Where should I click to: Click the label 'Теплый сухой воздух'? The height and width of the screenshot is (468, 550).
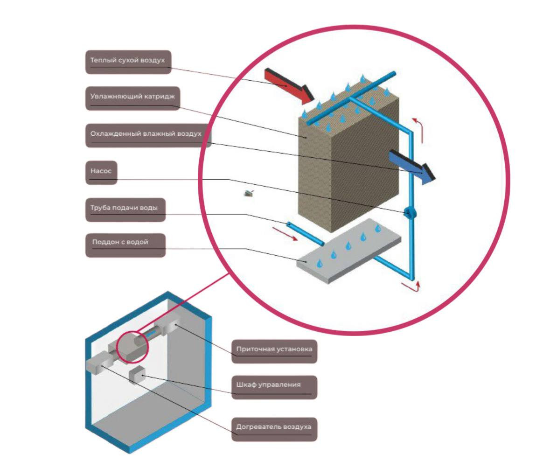point(128,62)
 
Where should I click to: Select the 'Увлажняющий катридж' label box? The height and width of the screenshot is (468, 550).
point(132,98)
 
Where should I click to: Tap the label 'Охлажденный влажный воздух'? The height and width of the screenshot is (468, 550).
point(148,135)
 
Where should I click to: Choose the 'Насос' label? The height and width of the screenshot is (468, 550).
point(101,173)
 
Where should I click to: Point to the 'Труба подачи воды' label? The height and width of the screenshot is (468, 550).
point(125,210)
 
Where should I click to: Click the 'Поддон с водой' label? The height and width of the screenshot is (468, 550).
point(125,245)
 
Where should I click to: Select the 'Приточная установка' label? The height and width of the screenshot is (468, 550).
point(274,351)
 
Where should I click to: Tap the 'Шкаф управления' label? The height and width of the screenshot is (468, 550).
point(274,387)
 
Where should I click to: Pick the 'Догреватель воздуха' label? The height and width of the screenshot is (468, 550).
point(274,429)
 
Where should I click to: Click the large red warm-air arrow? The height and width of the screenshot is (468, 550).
point(289,86)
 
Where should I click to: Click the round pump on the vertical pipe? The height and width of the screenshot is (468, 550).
point(409,213)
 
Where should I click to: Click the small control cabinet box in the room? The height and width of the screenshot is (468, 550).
point(137,375)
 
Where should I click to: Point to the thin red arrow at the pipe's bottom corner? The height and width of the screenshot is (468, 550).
point(411,286)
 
